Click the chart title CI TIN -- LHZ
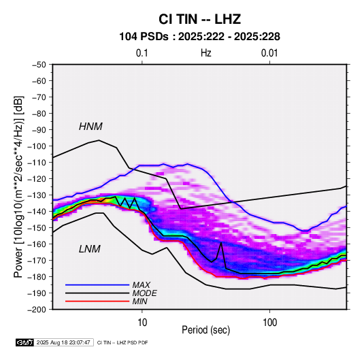coord(199,19)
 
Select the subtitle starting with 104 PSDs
coord(199,37)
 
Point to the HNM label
coord(90,127)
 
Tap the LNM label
coord(90,249)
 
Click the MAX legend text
coord(141,284)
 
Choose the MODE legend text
coord(145,293)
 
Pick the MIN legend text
coord(139,301)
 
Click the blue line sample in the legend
coord(97,284)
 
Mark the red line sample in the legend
coord(97,301)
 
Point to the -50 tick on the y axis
coord(39,65)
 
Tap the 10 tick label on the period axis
coord(142,323)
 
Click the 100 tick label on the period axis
coord(269,323)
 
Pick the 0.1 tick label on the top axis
coord(142,53)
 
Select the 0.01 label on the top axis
coord(269,53)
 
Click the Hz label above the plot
coord(206,53)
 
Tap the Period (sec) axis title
coord(206,330)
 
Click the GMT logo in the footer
coord(25,342)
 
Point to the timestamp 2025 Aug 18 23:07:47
coord(63,342)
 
